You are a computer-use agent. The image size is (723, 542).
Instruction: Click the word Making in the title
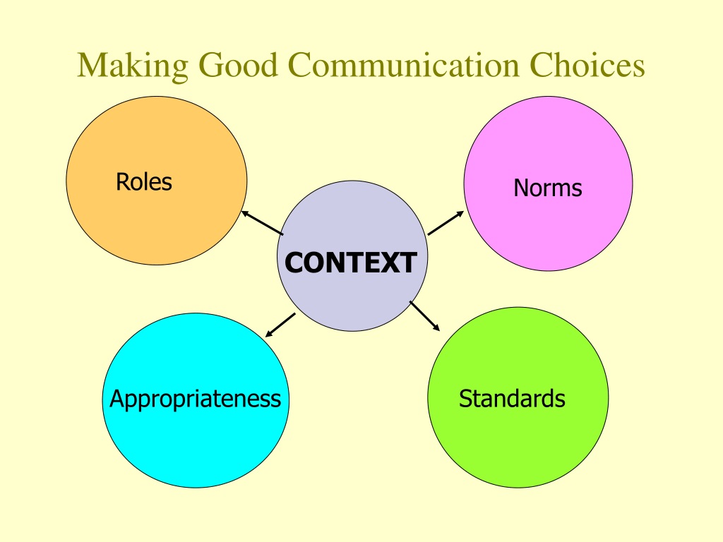click(133, 66)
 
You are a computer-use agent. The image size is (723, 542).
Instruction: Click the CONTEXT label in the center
click(351, 263)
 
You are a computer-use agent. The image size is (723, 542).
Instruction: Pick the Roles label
click(144, 181)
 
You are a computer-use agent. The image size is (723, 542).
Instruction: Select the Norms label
click(548, 188)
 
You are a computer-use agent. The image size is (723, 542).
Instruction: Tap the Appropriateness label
click(195, 399)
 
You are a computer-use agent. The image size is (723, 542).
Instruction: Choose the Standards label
click(512, 399)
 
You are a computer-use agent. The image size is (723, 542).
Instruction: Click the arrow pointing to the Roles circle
click(263, 223)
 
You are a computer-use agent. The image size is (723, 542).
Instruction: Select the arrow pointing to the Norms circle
click(446, 223)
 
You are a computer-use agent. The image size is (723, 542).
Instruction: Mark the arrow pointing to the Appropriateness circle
click(280, 325)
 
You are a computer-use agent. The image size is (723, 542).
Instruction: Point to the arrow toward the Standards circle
click(424, 316)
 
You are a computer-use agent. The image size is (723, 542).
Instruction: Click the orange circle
click(157, 181)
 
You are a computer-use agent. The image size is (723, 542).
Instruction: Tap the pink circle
click(548, 183)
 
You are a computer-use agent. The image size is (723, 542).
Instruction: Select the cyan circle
click(196, 400)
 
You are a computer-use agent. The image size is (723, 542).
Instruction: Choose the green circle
click(518, 397)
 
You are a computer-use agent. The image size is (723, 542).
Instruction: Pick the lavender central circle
click(352, 255)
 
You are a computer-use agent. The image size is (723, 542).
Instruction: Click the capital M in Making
click(92, 65)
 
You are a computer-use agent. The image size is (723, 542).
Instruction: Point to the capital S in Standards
click(465, 399)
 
